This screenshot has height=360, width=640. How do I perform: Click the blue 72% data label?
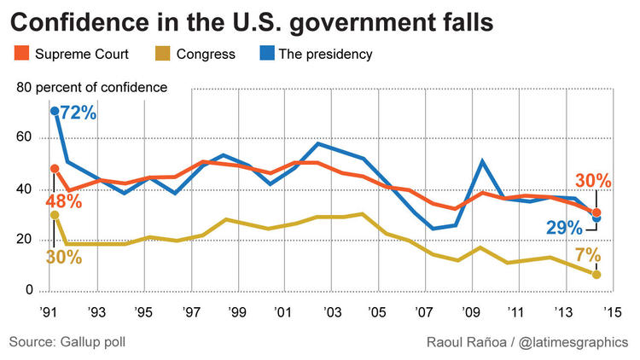click(79, 113)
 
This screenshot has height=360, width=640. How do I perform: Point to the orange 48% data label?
click(64, 201)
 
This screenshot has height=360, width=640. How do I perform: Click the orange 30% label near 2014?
click(593, 182)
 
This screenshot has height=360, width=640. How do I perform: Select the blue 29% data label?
click(564, 228)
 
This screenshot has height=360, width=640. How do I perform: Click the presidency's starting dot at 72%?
click(55, 111)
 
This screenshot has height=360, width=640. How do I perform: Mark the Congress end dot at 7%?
click(597, 275)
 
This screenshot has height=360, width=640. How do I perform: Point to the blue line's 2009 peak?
click(484, 160)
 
